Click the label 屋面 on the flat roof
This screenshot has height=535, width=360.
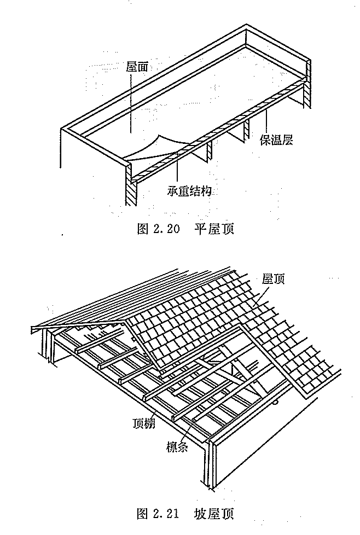[x=137, y=67]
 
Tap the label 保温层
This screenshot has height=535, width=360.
[x=276, y=140]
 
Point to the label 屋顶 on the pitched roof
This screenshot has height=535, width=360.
[x=273, y=279]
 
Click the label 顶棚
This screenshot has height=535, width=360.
[x=144, y=423]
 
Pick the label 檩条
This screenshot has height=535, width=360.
[x=177, y=446]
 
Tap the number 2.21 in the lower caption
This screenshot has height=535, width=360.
[x=166, y=514]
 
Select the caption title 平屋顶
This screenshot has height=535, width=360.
[x=214, y=229]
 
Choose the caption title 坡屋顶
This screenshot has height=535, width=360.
[x=214, y=514]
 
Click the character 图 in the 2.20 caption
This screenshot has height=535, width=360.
[x=142, y=229]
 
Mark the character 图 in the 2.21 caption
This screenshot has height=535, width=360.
[x=142, y=514]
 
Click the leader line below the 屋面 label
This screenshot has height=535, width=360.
[x=130, y=103]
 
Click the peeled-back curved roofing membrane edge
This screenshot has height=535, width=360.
[x=155, y=147]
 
